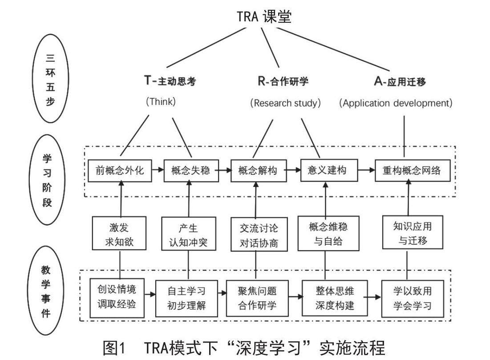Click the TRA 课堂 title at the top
264,17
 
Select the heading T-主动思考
170,81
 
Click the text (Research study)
285,103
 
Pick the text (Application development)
396,103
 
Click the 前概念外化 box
120,170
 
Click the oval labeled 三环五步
50,79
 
